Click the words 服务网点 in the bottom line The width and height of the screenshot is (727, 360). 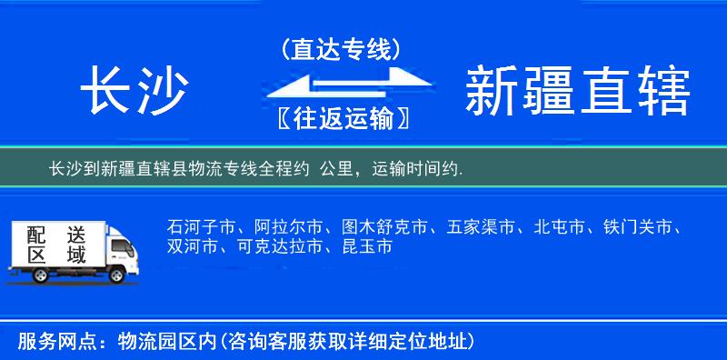[x=45, y=342]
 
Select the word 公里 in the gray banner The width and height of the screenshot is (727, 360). [x=336, y=169]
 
